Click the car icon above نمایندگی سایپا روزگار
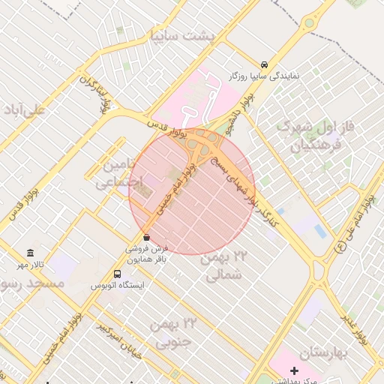click(x=264, y=65)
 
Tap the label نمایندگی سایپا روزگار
click(x=264, y=77)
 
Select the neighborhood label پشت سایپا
click(x=182, y=35)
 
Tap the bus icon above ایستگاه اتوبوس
click(x=117, y=274)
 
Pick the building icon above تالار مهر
click(x=30, y=253)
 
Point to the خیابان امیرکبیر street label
click(x=117, y=337)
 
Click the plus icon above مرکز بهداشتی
click(x=294, y=371)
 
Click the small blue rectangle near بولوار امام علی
click(x=320, y=231)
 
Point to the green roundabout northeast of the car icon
click(x=309, y=24)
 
